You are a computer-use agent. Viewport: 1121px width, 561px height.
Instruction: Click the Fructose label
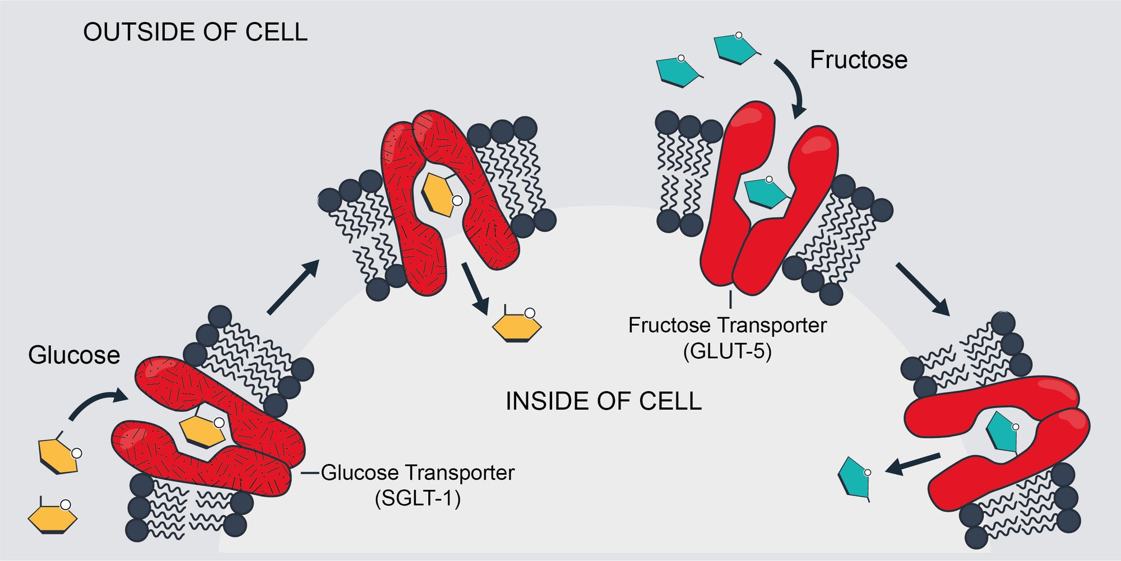click(858, 60)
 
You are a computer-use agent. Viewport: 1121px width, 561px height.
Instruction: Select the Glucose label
click(74, 355)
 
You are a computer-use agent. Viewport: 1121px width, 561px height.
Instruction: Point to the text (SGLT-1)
click(418, 498)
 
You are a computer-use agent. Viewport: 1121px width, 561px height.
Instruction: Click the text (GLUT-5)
click(727, 351)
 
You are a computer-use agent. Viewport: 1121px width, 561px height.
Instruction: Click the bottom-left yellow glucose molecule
click(52, 517)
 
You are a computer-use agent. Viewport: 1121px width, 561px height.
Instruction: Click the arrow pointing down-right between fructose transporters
click(922, 289)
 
